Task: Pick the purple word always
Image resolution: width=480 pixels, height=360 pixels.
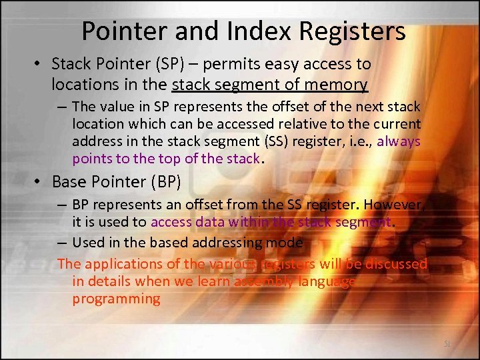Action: pos(398,141)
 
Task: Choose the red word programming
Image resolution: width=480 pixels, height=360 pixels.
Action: pos(116,299)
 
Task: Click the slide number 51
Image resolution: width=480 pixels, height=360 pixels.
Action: pos(447,344)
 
